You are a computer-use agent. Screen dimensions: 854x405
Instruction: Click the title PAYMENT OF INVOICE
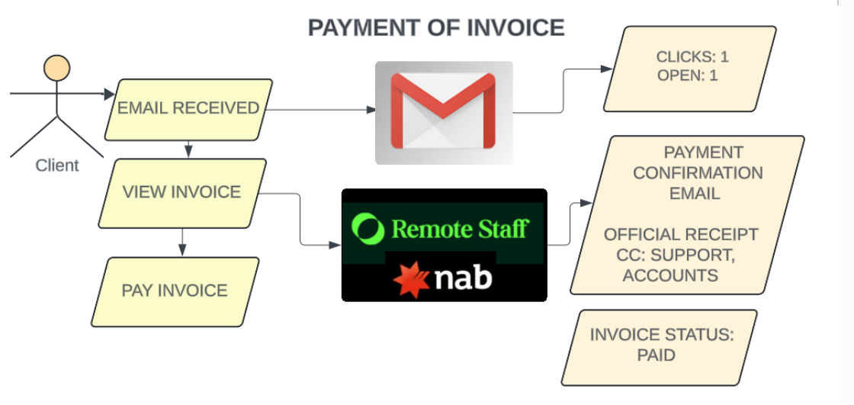click(435, 27)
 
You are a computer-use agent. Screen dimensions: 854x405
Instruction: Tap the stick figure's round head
click(56, 69)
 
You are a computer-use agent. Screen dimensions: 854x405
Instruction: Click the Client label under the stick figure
click(57, 166)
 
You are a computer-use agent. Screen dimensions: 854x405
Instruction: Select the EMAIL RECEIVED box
click(188, 110)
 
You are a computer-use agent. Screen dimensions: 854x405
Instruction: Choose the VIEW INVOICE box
click(182, 193)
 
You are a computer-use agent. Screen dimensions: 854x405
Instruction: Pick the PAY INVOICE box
click(175, 291)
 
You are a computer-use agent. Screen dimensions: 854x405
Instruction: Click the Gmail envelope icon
click(443, 112)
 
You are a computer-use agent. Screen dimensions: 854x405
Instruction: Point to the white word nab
click(464, 278)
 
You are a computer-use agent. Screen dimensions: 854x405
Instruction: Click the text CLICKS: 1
click(692, 56)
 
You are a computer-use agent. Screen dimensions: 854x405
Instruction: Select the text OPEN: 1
click(687, 76)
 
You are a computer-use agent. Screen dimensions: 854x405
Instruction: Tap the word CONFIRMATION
click(698, 173)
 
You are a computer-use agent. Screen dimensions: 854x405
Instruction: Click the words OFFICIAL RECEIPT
click(681, 234)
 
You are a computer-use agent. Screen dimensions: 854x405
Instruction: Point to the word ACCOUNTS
click(670, 275)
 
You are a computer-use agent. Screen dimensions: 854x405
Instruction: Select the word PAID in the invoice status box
click(657, 355)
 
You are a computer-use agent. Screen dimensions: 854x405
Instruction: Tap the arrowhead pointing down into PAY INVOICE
click(182, 249)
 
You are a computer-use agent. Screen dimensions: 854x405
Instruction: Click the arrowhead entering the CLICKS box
click(606, 69)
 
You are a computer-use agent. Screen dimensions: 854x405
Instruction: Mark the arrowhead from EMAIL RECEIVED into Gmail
click(371, 110)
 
